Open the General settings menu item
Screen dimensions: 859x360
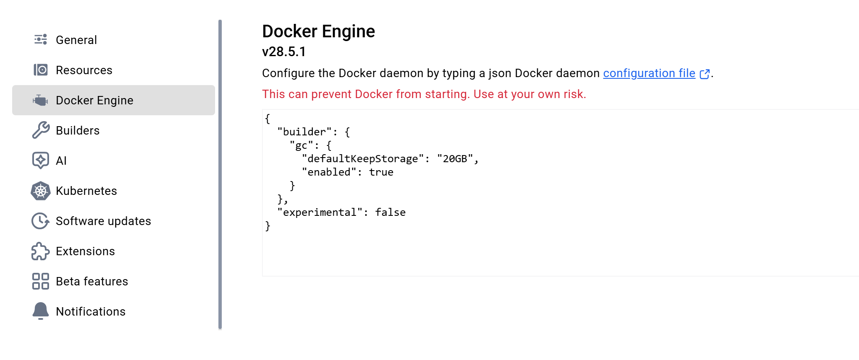(x=76, y=40)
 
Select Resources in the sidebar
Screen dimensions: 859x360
(x=84, y=70)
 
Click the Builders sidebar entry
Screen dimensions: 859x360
(x=78, y=130)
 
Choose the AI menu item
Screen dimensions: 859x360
(x=61, y=161)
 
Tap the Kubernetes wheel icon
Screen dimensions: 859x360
(x=41, y=191)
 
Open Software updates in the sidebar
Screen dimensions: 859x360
(x=103, y=221)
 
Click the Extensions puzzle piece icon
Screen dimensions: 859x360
(x=40, y=251)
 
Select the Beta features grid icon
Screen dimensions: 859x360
(x=41, y=281)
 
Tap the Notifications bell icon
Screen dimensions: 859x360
(x=41, y=311)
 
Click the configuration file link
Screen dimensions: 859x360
(x=649, y=73)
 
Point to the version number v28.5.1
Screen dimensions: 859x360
(x=284, y=52)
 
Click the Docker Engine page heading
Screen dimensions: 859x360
(x=318, y=31)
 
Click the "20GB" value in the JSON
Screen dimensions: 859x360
(x=455, y=159)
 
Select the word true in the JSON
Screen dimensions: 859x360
(x=381, y=172)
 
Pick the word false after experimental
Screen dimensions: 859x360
(x=390, y=212)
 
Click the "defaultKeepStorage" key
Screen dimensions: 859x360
(x=363, y=159)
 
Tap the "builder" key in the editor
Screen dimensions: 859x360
(x=305, y=132)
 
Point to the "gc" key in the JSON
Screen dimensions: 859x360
(x=301, y=145)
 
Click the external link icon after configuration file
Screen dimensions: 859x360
(x=705, y=74)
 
